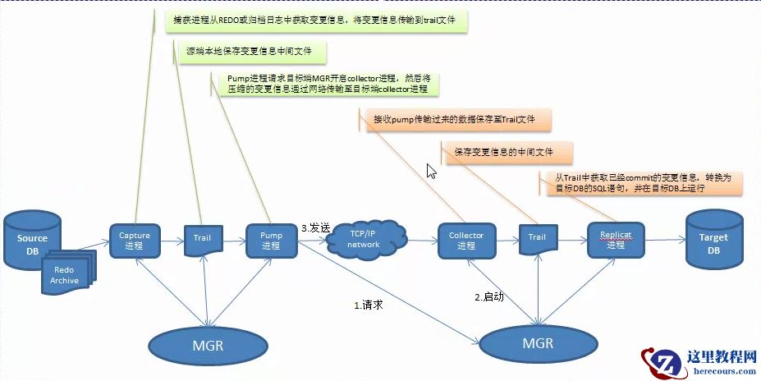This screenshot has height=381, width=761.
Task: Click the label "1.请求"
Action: pyautogui.click(x=369, y=304)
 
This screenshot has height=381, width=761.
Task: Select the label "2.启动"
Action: pyautogui.click(x=489, y=295)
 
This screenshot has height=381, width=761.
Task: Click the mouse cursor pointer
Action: pyautogui.click(x=430, y=170)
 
